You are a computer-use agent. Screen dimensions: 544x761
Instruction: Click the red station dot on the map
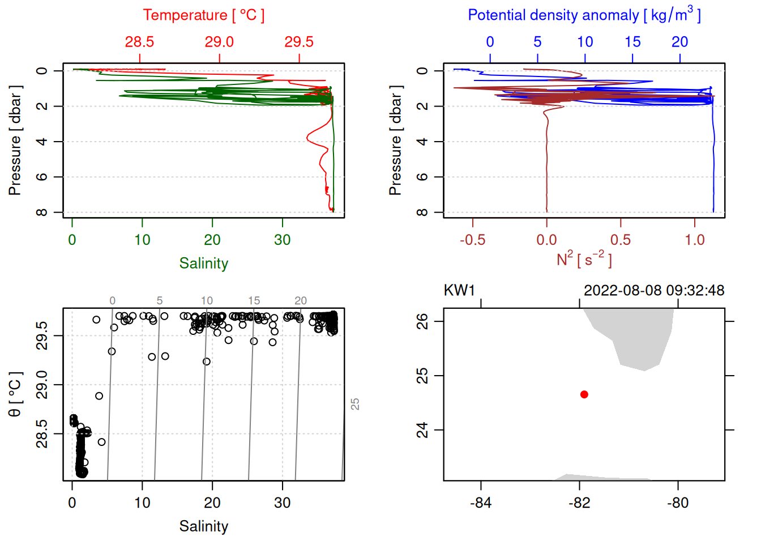click(584, 394)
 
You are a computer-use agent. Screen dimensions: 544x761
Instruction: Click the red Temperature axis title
click(203, 15)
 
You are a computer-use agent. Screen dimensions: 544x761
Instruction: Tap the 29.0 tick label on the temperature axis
click(219, 42)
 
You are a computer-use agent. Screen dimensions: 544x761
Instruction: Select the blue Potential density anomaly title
click(584, 15)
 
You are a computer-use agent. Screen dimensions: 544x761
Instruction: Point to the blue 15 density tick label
click(632, 42)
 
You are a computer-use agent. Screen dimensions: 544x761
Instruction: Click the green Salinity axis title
click(203, 263)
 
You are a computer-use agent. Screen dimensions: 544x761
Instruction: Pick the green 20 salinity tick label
click(212, 240)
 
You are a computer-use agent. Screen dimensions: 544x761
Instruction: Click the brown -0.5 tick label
click(472, 240)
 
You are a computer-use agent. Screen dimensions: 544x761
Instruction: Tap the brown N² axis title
click(584, 260)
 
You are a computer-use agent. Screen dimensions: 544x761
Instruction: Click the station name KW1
click(459, 291)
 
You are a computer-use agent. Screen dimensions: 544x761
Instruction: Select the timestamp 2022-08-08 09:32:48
click(654, 291)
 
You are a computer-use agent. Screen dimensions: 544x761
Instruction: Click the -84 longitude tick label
click(481, 503)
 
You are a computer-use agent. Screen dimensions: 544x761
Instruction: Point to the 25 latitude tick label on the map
click(422, 376)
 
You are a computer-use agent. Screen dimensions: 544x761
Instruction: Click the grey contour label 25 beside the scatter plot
click(355, 404)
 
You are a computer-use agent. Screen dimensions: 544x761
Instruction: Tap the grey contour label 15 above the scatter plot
click(254, 301)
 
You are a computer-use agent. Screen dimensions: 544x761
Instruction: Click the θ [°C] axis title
click(15, 394)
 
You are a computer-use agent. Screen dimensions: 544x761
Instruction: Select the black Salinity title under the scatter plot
click(203, 526)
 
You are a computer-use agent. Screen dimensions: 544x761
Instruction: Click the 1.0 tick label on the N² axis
click(695, 240)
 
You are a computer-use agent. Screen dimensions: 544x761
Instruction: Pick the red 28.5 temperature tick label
click(139, 42)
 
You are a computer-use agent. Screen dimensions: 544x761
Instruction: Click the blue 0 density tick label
click(490, 42)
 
